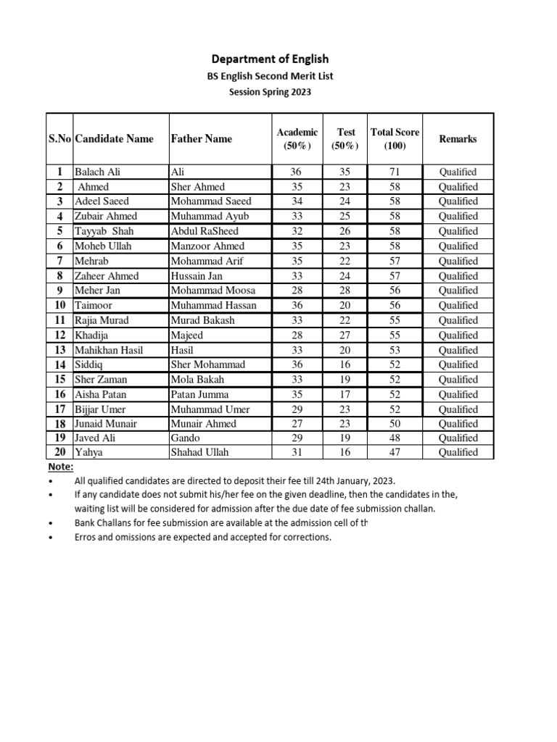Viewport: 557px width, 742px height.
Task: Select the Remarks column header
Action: (458, 138)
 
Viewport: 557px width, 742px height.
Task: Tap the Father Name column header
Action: (201, 138)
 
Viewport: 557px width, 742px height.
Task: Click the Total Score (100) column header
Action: (395, 138)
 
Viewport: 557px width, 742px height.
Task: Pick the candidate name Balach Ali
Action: (98, 172)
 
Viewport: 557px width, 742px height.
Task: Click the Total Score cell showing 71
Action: (395, 172)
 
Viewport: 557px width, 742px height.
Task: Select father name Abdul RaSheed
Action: (205, 231)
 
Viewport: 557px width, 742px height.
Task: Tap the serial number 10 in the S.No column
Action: (59, 305)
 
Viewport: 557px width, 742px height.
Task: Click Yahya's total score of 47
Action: (395, 452)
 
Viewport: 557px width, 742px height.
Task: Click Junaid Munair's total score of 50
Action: (395, 423)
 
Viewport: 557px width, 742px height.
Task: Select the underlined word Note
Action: (60, 467)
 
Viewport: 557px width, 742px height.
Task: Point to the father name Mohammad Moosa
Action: (212, 291)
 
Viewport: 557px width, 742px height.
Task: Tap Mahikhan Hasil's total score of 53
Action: (395, 350)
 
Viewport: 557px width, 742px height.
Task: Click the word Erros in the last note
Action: (87, 537)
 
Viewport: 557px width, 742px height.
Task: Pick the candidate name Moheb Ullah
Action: (103, 246)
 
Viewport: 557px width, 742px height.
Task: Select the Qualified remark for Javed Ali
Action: (458, 438)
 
